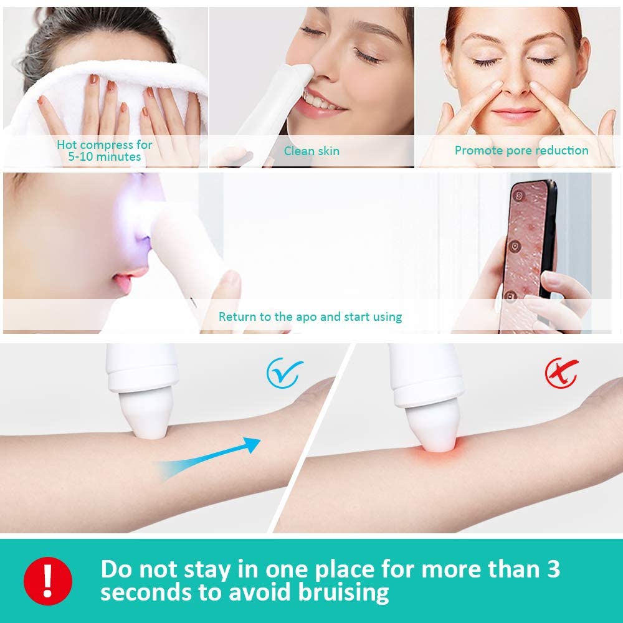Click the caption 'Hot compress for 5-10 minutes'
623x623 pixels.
point(105,151)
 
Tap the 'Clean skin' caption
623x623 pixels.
point(311,151)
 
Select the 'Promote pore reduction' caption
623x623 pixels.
point(521,150)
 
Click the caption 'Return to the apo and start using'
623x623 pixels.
point(310,316)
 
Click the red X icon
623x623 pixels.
point(560,373)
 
